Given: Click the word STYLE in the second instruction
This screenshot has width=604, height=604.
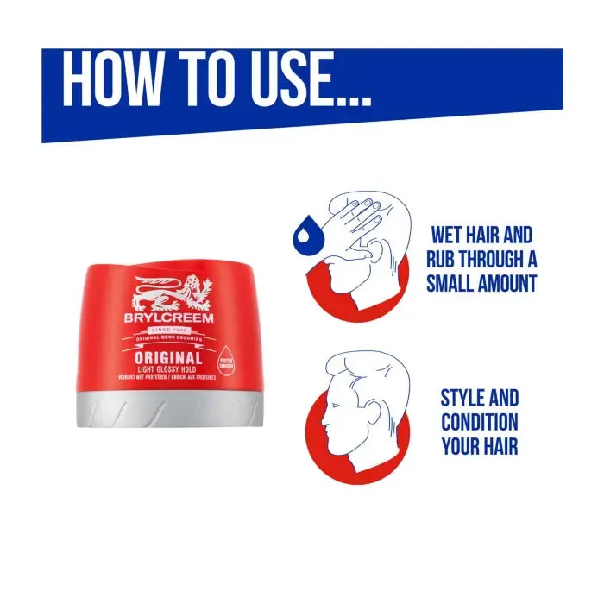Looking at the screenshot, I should coord(463,399).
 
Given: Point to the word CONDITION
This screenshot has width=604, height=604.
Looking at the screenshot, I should coord(480,423).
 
